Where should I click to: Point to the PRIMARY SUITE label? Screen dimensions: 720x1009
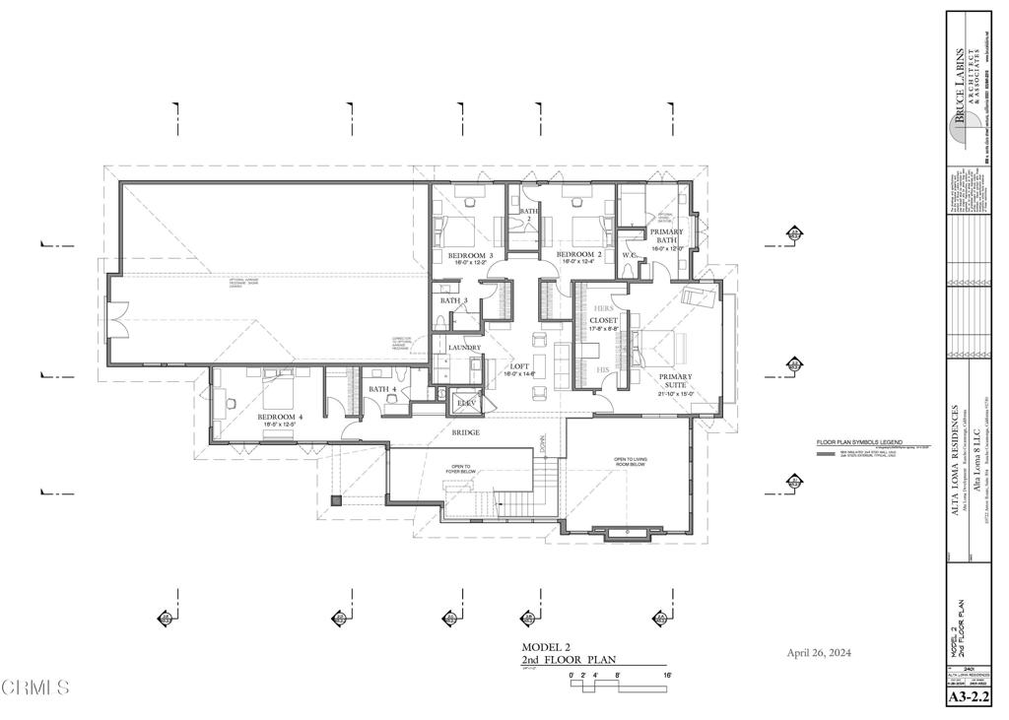pyautogui.click(x=675, y=382)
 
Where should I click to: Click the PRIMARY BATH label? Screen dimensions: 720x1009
pyautogui.click(x=667, y=236)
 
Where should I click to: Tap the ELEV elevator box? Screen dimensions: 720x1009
pyautogui.click(x=465, y=404)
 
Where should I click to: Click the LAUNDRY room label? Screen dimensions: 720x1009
pyautogui.click(x=464, y=348)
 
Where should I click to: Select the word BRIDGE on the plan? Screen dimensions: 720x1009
pyautogui.click(x=466, y=432)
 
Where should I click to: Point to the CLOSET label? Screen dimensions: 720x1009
pyautogui.click(x=602, y=320)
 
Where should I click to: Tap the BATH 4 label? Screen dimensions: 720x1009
pyautogui.click(x=382, y=389)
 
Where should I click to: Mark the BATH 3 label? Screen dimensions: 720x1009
pyautogui.click(x=454, y=300)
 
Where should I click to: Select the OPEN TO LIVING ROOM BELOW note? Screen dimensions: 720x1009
pyautogui.click(x=635, y=462)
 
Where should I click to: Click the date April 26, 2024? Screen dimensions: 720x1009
pyautogui.click(x=819, y=653)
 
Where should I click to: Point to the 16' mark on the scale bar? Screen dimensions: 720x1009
pyautogui.click(x=667, y=676)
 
